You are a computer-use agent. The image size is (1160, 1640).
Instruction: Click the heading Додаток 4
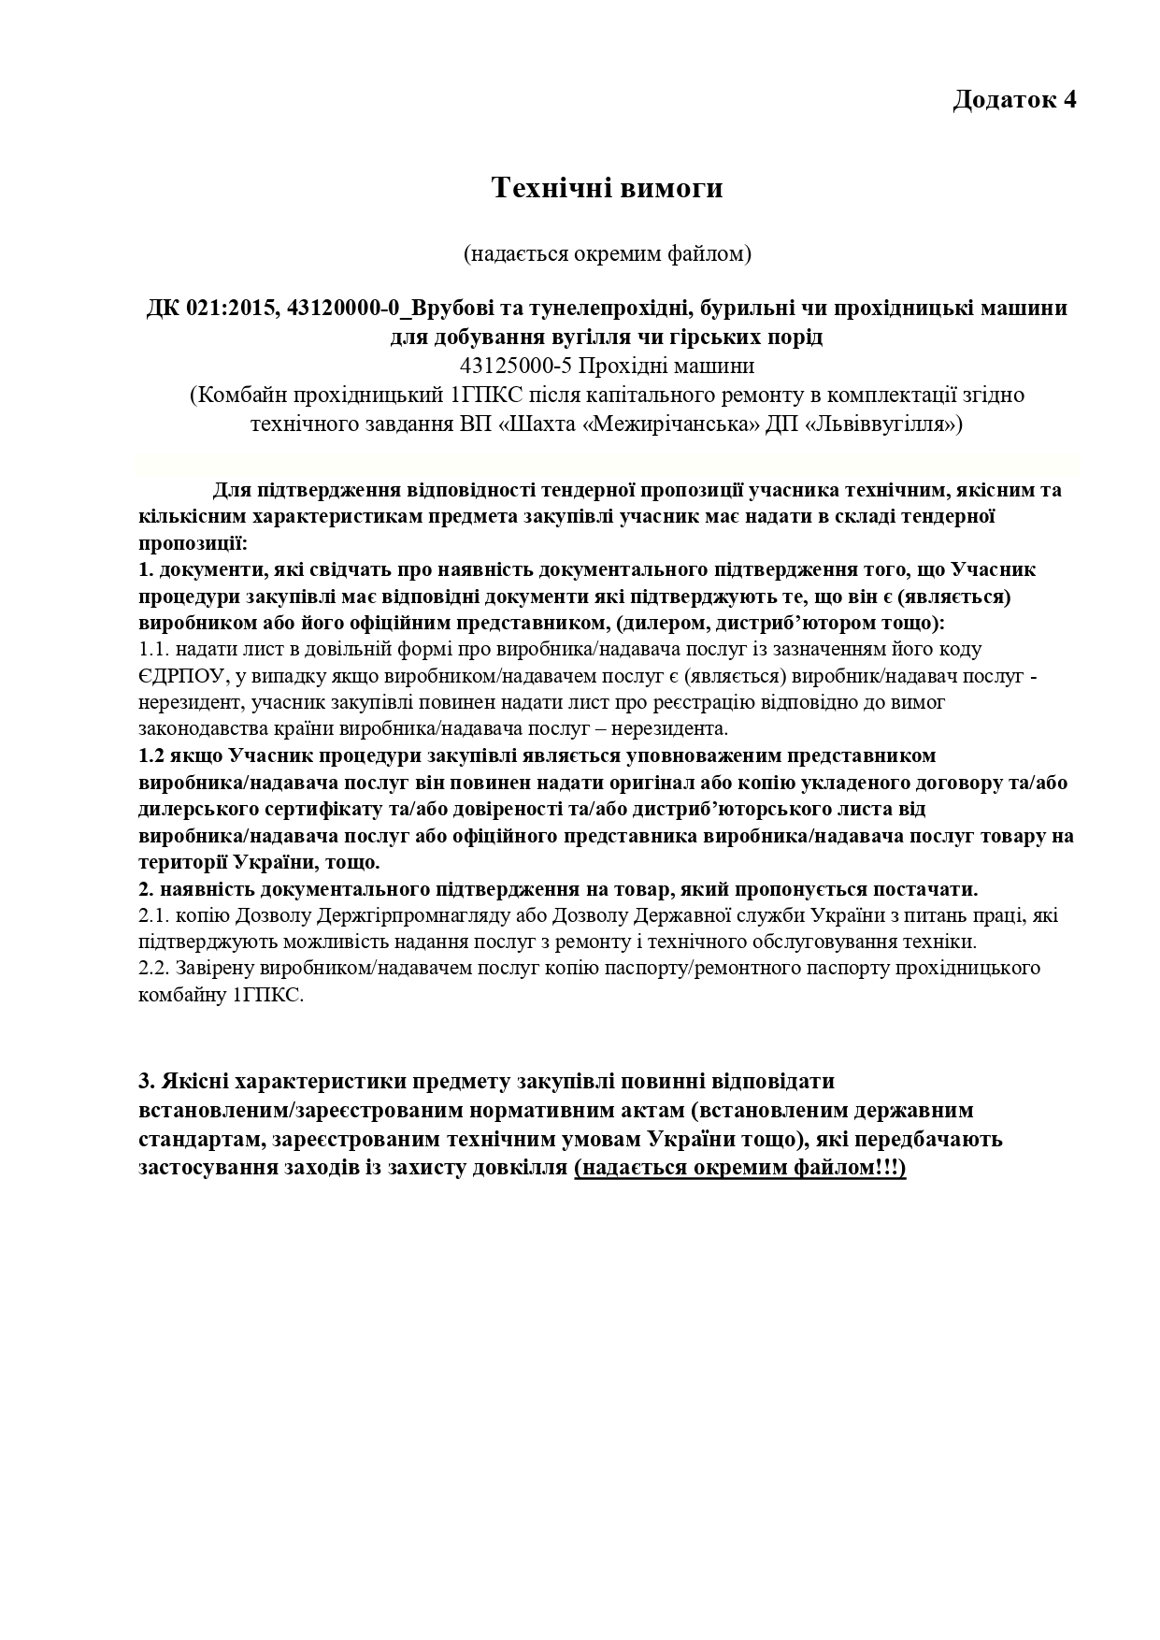pyautogui.click(x=1014, y=100)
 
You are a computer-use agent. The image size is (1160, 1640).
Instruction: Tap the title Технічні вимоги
pyautogui.click(x=608, y=188)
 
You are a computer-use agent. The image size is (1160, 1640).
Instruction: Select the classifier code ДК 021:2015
pyautogui.click(x=209, y=308)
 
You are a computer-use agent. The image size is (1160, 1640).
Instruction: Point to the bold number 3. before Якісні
pyautogui.click(x=147, y=1082)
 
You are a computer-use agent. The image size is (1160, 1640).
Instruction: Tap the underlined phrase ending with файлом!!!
pyautogui.click(x=740, y=1168)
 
